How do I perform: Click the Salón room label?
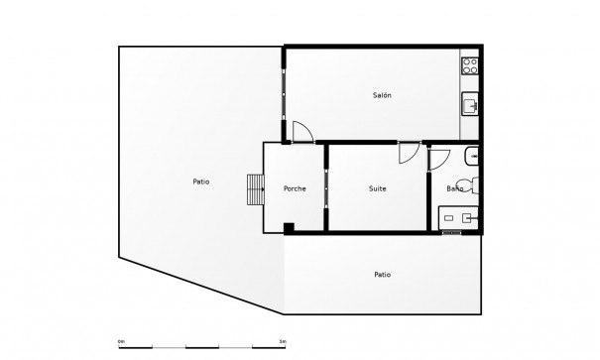tap(382, 95)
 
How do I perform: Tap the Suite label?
tap(378, 188)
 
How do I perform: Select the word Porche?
tap(295, 188)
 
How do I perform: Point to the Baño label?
tap(455, 188)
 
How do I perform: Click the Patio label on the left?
tap(201, 181)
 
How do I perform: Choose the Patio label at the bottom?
tap(382, 275)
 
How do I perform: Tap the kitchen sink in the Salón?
tap(471, 102)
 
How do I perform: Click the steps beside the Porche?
tap(256, 187)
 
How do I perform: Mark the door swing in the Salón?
tap(303, 131)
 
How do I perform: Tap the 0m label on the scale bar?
tap(121, 342)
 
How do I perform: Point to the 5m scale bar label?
tap(284, 342)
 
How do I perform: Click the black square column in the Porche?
tap(288, 228)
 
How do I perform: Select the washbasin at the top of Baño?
tap(473, 155)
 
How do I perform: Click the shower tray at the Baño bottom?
tap(460, 217)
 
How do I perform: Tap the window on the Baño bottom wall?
tap(452, 233)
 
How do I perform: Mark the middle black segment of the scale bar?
tap(201, 348)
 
